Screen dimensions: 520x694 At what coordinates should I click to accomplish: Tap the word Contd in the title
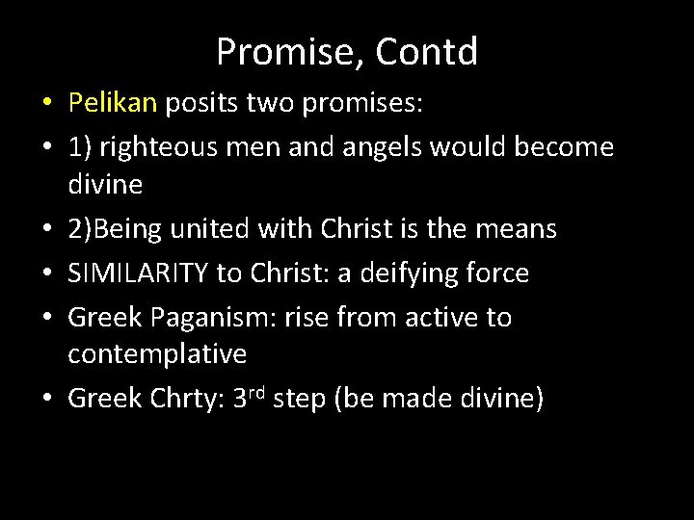coord(427,53)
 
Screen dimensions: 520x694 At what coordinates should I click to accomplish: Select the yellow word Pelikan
coord(113,103)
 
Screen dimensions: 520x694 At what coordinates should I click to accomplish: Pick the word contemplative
coord(157,354)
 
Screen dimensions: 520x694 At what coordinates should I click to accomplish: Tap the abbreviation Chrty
coord(182,398)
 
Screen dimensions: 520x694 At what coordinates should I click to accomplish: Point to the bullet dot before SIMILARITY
coord(46,273)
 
